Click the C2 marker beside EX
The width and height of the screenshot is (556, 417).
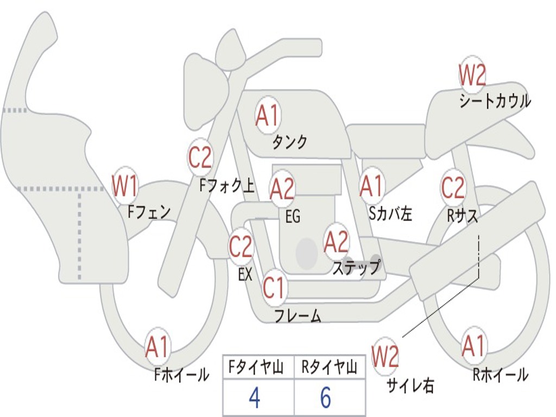(x=241, y=247)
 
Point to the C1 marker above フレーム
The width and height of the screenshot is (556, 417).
(x=274, y=288)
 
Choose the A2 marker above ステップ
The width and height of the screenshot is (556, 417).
(x=336, y=242)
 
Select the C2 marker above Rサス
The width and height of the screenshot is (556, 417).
(x=453, y=188)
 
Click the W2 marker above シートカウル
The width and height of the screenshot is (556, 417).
(x=472, y=75)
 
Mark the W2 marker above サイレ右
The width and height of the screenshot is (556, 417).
(x=385, y=356)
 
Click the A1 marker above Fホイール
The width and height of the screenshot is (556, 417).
(x=157, y=347)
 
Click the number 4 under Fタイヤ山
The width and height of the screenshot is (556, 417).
(x=254, y=398)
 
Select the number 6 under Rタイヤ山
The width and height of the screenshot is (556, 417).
(x=325, y=398)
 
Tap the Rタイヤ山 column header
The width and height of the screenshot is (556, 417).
(x=329, y=369)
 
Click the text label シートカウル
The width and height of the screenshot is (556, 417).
(x=495, y=102)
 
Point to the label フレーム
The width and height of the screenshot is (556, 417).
(x=298, y=315)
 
